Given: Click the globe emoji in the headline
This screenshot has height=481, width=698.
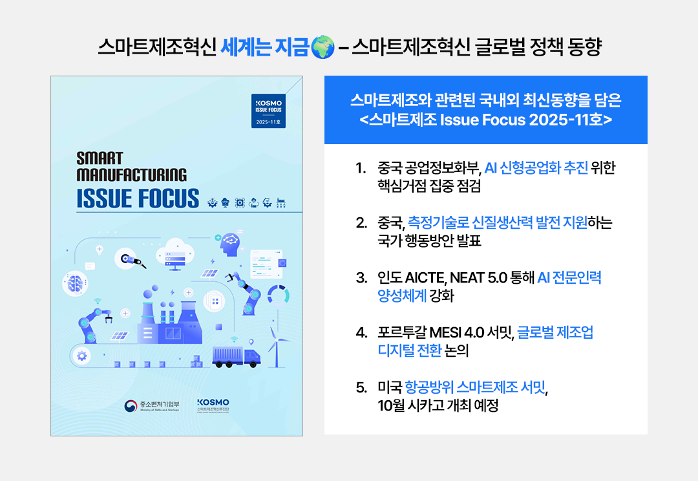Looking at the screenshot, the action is click(323, 47).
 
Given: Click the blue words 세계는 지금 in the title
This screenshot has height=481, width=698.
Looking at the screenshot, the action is click(264, 47).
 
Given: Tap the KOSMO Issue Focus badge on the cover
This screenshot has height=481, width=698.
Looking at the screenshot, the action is click(268, 111).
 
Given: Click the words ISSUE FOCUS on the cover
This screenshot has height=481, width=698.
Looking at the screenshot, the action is click(138, 198).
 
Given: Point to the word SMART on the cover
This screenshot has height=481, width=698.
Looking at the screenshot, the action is click(100, 158).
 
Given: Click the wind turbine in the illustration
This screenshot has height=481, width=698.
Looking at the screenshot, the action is click(277, 347).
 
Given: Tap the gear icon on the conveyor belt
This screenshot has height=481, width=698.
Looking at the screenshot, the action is click(81, 356).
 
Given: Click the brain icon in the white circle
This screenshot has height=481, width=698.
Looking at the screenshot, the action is click(75, 283).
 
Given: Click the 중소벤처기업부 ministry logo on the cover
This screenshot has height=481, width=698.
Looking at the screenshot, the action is click(152, 406).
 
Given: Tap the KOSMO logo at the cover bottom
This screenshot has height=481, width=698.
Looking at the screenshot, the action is click(213, 405).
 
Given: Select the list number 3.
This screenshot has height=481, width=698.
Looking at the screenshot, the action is click(361, 278).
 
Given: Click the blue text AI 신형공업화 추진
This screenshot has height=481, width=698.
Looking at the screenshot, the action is click(536, 168).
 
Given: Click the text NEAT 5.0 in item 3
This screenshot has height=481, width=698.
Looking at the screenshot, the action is click(478, 278).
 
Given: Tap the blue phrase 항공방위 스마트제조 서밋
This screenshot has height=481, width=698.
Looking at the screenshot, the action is click(475, 387).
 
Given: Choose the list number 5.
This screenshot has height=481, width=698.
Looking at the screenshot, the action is click(361, 387).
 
